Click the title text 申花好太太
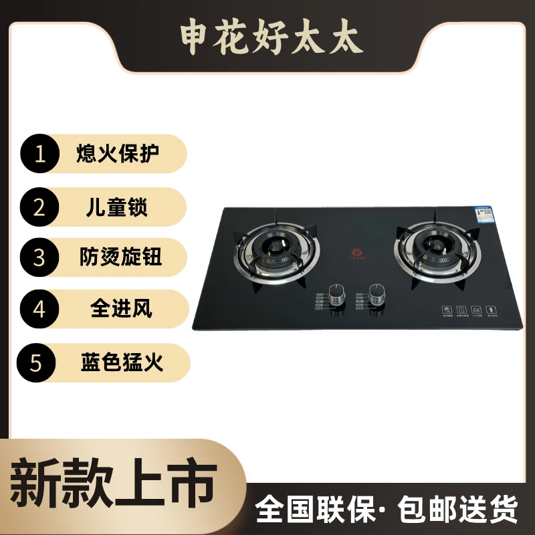[x=271, y=39]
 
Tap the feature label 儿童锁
[x=118, y=207]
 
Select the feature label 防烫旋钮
[x=118, y=257]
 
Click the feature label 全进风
[x=121, y=309]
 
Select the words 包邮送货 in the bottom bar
[x=458, y=510]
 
